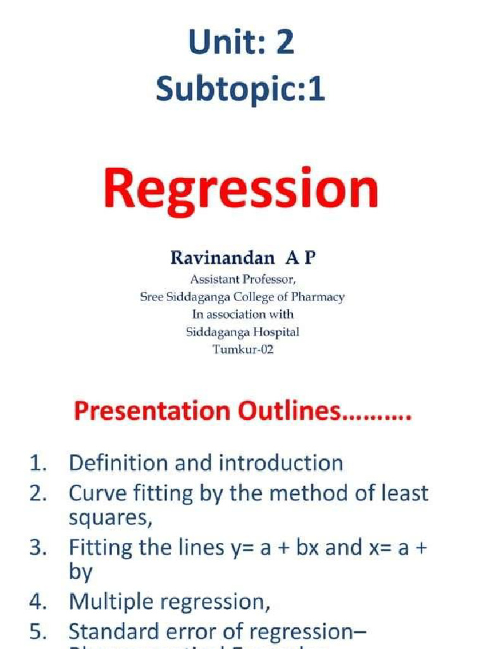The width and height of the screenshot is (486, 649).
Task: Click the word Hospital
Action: click(277, 331)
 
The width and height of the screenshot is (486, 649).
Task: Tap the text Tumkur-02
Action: click(243, 349)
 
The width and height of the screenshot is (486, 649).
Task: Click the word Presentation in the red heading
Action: click(151, 412)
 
